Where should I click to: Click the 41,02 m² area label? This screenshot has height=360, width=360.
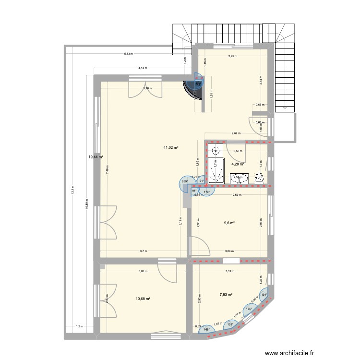171,147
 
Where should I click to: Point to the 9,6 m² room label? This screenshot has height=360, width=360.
229,223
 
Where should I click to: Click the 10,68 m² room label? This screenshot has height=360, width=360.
144,299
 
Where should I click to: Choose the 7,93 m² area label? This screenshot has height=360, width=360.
226,295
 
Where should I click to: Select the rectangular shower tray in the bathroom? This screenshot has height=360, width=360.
215,170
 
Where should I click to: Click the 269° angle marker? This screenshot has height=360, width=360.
184,181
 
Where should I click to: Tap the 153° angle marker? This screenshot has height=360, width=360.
230,324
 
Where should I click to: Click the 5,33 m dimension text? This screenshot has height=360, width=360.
128,54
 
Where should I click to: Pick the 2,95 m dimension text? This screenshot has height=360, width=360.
233,56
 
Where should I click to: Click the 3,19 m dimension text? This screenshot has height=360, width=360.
231,272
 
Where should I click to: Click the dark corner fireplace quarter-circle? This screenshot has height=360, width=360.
196,85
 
